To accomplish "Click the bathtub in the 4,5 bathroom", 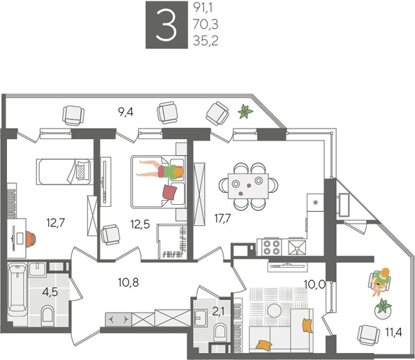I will coord(16,289).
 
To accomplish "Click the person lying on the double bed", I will coord(161,170).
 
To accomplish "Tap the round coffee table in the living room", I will coord(275,310).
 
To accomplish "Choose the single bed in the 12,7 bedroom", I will coord(64,171).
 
